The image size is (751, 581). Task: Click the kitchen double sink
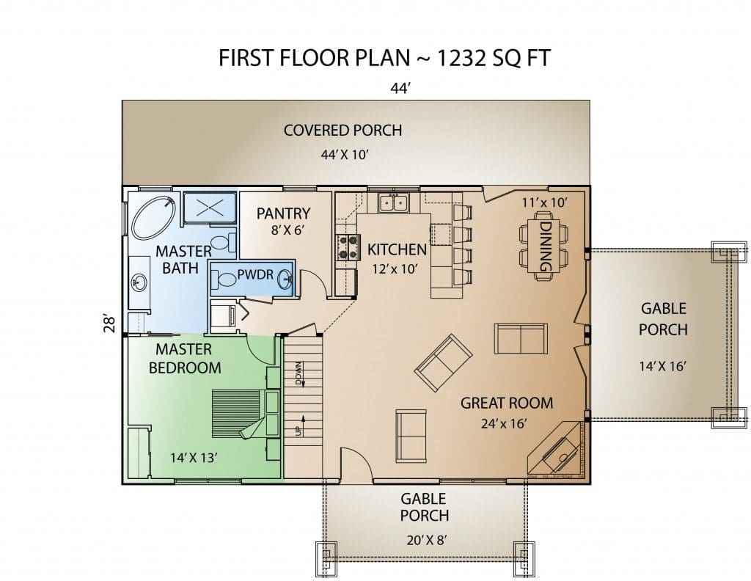[x=394, y=202]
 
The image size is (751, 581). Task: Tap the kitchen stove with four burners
[x=348, y=246]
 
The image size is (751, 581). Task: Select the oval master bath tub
[x=154, y=218]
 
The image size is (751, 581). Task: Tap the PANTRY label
[x=283, y=213]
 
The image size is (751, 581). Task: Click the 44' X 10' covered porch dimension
[x=344, y=155]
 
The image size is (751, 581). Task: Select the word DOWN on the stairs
[x=299, y=373]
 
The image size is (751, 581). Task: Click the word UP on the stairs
[x=299, y=431]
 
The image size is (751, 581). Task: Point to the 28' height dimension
[x=110, y=324]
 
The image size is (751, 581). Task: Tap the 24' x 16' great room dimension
[x=504, y=424]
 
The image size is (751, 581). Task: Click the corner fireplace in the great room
[x=557, y=450]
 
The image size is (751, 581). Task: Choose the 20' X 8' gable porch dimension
[x=426, y=541]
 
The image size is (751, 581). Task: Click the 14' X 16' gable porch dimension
[x=663, y=366]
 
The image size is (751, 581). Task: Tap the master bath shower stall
[x=210, y=208]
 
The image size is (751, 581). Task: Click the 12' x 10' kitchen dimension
[x=395, y=269]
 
